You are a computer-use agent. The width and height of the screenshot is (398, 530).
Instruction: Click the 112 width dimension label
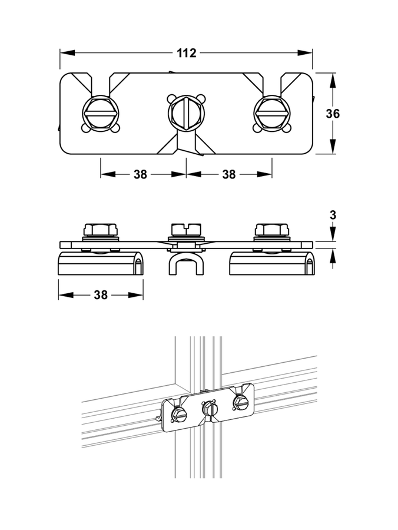pos(187,53)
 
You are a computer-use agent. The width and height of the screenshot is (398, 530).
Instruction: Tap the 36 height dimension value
pos(333,114)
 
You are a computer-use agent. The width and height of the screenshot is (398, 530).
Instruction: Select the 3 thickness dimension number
pos(333,215)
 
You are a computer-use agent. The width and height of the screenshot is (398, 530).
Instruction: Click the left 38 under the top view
pos(141,174)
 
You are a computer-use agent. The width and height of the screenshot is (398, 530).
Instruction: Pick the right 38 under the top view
pos(228,174)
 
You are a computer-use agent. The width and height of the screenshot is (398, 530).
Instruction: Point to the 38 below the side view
pos(101,295)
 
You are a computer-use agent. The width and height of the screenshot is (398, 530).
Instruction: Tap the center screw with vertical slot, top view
pos(186,113)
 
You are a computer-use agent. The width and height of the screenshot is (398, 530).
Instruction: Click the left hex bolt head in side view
pos(101,230)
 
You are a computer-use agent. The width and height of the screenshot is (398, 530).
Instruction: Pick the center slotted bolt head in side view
pos(186,230)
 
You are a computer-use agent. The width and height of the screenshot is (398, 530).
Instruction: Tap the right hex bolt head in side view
pos(272,230)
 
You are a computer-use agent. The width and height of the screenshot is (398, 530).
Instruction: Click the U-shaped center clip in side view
pos(186,264)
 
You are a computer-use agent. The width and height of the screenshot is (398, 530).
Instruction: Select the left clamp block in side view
pos(101,263)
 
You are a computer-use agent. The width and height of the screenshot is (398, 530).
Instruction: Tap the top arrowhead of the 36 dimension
pos(333,81)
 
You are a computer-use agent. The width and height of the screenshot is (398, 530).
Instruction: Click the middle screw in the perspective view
pos(210,408)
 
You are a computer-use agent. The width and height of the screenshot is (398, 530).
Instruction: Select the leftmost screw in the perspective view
pos(179,415)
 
